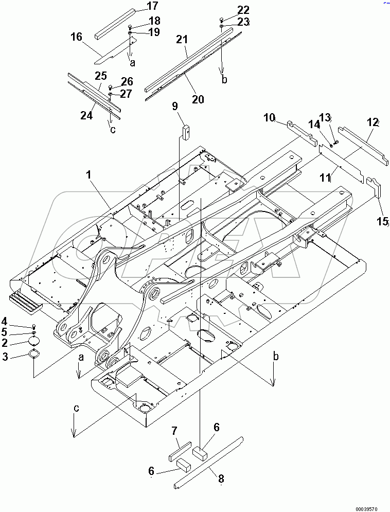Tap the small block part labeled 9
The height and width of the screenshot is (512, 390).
(186, 131)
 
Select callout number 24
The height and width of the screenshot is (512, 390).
(86, 115)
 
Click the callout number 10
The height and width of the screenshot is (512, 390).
(270, 118)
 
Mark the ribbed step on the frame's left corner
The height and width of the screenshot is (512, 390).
(25, 302)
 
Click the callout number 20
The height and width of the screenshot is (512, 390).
(198, 100)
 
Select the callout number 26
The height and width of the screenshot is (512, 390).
(127, 81)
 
